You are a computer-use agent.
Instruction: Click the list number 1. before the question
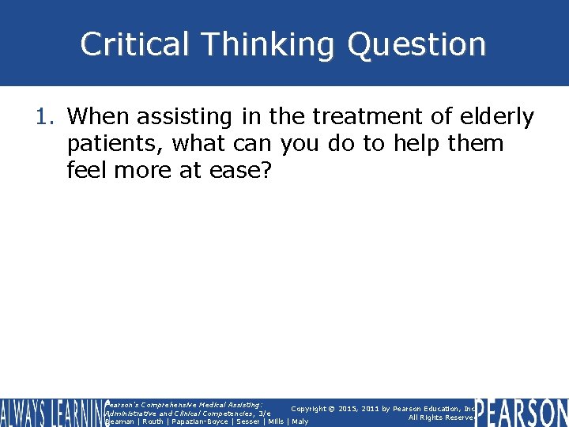pyautogui.click(x=47, y=117)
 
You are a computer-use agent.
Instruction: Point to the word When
pyautogui.click(x=99, y=117)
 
